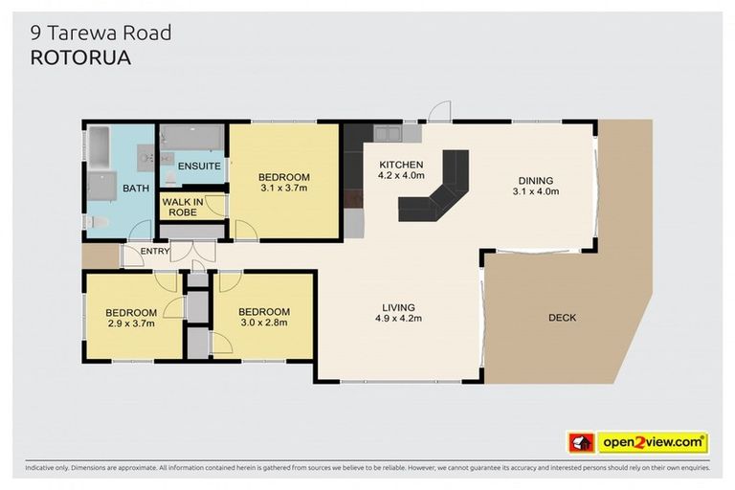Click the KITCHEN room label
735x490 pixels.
coord(401,164)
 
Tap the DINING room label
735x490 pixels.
coord(535,180)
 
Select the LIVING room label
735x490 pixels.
coord(398,306)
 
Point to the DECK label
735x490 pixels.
coord(562,318)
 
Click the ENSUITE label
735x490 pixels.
coord(199,166)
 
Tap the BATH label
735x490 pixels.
coord(136,189)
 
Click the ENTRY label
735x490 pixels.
coord(155,252)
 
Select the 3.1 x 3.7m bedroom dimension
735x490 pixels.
coord(284,189)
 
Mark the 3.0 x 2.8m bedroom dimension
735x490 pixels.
coord(264,323)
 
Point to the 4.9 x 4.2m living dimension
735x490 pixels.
coord(398,318)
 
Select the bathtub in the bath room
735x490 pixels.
coord(100,149)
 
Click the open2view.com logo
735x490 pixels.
coord(653,443)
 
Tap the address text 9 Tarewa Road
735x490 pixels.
coord(100,33)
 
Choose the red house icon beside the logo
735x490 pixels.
coord(581,443)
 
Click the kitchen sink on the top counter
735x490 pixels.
coord(389,134)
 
